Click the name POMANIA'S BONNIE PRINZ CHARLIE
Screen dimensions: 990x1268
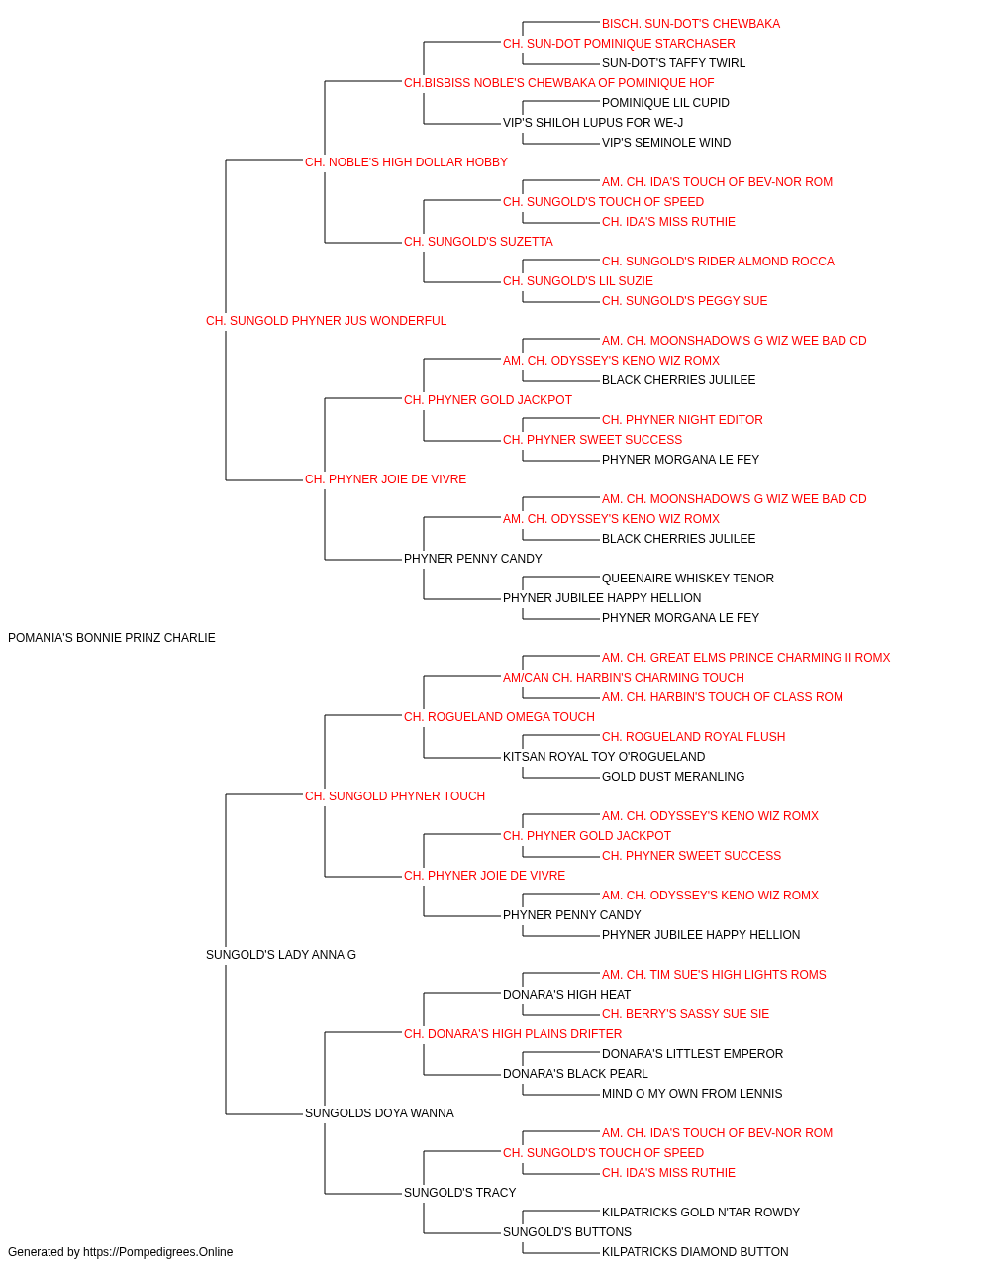pyautogui.click(x=111, y=638)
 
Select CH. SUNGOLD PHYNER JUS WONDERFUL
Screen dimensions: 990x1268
pyautogui.click(x=326, y=321)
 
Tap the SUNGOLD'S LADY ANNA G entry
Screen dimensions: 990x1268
pyautogui.click(x=280, y=955)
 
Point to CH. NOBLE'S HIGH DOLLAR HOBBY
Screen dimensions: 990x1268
pyautogui.click(x=406, y=162)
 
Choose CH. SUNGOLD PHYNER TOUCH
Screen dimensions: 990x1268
pyautogui.click(x=395, y=795)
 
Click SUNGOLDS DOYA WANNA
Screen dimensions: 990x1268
pyautogui.click(x=379, y=1112)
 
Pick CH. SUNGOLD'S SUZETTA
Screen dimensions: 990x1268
pyautogui.click(x=478, y=242)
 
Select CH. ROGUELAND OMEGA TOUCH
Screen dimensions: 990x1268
pyautogui.click(x=499, y=716)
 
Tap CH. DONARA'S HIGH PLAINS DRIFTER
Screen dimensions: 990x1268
pyautogui.click(x=513, y=1033)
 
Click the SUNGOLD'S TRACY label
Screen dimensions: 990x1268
pyautogui.click(x=459, y=1192)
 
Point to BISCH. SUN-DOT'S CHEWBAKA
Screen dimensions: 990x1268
pyautogui.click(x=690, y=24)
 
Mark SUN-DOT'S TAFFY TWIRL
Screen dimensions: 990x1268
pyautogui.click(x=673, y=63)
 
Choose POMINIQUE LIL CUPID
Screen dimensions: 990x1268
pyautogui.click(x=665, y=103)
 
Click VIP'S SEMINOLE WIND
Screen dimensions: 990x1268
pyautogui.click(x=666, y=143)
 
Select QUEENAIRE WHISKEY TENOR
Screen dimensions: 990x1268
pyautogui.click(x=687, y=579)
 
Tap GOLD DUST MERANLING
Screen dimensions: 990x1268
pyautogui.click(x=673, y=776)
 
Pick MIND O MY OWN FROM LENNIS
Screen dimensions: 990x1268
pyautogui.click(x=691, y=1093)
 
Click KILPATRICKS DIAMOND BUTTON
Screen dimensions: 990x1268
pyautogui.click(x=695, y=1252)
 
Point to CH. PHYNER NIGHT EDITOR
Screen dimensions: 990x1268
pyautogui.click(x=682, y=420)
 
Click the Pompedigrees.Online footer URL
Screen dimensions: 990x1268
pyautogui.click(x=158, y=1252)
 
